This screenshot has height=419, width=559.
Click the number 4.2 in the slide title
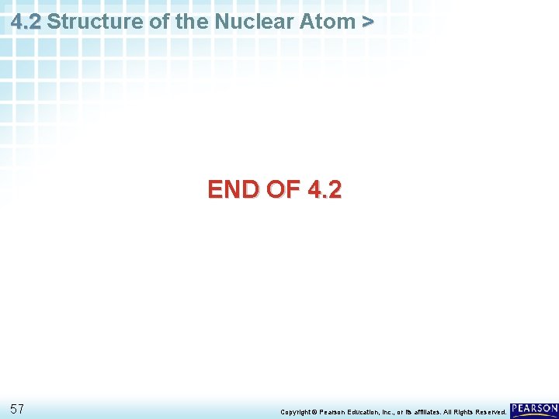point(26,22)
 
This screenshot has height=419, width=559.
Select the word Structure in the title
point(95,22)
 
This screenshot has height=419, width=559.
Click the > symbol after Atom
point(367,22)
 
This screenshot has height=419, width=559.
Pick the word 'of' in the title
point(159,22)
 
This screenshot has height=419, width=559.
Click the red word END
point(233,189)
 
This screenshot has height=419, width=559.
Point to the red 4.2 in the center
point(324,189)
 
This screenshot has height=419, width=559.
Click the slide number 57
point(18,409)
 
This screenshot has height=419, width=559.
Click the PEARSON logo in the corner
point(534,409)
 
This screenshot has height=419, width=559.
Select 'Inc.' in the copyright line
point(403,412)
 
